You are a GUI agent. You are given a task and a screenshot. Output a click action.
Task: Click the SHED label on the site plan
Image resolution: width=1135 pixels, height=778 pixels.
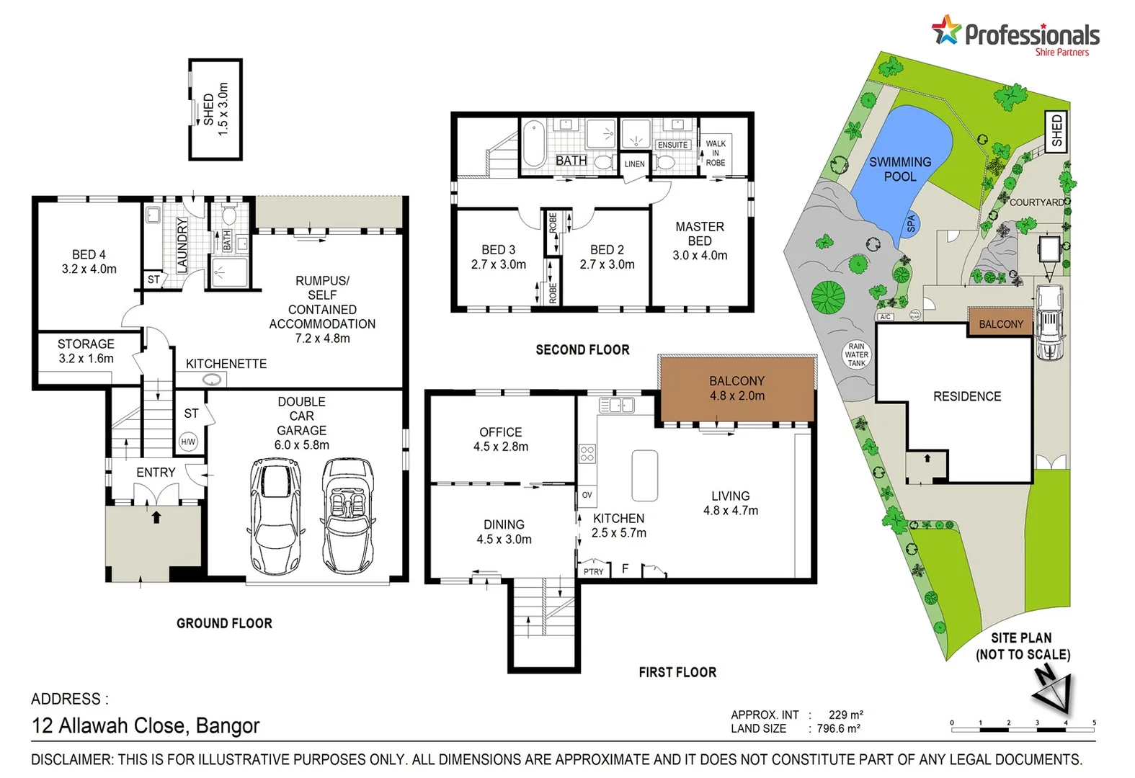pos(1056,131)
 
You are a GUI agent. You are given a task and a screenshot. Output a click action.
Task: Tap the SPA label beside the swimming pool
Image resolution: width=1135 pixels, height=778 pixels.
pos(910,224)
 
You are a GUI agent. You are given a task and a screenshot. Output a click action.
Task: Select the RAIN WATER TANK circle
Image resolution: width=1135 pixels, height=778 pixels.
pos(856,354)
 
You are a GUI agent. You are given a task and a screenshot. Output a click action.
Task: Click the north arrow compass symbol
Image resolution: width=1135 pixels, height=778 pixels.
pos(1053,691)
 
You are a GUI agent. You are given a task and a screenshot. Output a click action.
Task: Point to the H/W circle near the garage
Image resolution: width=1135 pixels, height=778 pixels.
pos(188,442)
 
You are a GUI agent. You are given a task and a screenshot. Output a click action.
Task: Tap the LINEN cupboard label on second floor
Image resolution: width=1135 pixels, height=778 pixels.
pos(634,164)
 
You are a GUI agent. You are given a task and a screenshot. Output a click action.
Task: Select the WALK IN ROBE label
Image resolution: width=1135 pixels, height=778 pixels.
pos(716,153)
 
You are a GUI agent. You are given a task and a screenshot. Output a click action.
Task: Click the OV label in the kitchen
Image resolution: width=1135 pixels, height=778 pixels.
pos(587,495)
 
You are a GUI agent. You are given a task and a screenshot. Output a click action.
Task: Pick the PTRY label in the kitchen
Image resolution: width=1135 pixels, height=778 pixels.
pos(594,571)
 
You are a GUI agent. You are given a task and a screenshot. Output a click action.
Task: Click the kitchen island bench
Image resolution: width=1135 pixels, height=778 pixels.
pos(644,475)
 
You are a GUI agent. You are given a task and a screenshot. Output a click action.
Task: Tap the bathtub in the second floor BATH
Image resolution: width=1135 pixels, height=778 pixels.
pos(534,143)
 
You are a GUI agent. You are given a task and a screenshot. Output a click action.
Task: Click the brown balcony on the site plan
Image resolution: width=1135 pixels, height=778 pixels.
pos(1000,324)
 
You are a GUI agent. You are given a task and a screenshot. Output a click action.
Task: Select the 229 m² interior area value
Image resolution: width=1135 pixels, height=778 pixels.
pos(845,715)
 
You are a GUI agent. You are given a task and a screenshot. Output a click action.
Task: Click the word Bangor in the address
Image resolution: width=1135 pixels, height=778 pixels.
pos(228,725)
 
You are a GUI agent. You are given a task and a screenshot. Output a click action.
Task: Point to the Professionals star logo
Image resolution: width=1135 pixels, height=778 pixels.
pos(946,31)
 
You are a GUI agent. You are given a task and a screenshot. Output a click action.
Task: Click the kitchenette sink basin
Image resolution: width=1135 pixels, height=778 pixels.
pos(213,380)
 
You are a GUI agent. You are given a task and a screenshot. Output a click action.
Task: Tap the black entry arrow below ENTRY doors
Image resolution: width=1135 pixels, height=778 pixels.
pos(156,517)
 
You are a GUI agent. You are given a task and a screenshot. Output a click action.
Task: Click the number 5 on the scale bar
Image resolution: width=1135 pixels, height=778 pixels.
pos(1094,723)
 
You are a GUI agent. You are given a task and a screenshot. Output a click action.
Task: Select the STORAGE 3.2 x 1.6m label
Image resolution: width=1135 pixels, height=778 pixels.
pos(86,351)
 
